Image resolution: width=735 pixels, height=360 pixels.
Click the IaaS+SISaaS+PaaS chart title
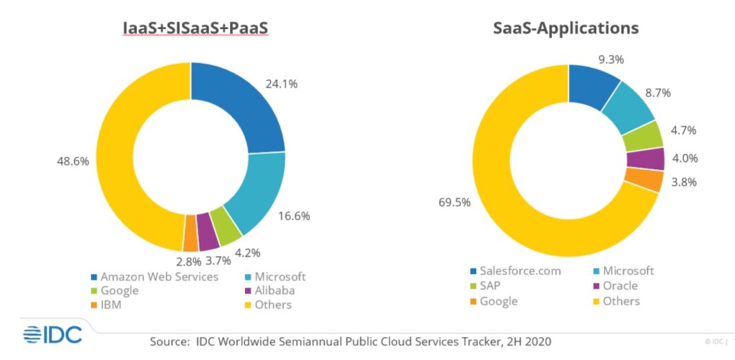click(191, 28)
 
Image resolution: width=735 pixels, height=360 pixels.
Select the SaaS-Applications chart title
click(566, 28)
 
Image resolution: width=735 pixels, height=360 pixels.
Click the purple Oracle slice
click(645, 158)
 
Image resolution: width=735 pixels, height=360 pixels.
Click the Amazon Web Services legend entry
click(159, 277)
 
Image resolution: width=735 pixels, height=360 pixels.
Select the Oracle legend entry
click(619, 286)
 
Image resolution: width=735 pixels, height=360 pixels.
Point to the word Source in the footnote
click(167, 341)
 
